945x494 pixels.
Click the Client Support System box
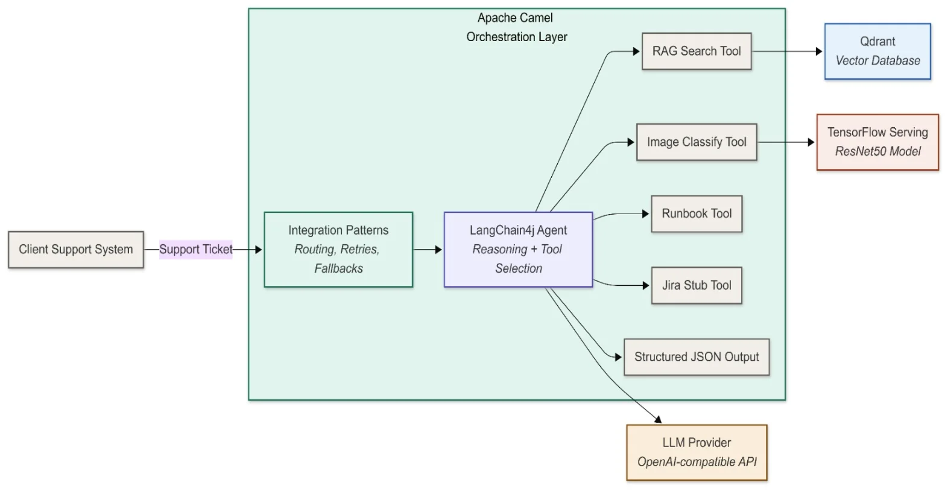tap(76, 250)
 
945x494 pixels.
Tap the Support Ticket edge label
tap(195, 250)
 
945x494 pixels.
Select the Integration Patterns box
tap(338, 249)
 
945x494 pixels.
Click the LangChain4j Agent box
tap(518, 249)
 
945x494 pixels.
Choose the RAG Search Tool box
tap(697, 51)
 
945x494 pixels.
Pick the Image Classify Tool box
tap(697, 142)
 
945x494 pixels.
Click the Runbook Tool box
tap(697, 214)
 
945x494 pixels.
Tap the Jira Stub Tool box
tap(697, 285)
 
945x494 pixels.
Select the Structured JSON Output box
tap(697, 357)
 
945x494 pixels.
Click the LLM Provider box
tap(697, 452)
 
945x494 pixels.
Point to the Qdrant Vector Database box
tap(877, 51)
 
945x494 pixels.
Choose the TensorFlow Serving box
tap(877, 142)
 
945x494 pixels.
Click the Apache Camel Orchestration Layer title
tap(516, 27)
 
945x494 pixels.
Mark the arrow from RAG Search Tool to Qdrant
tap(787, 51)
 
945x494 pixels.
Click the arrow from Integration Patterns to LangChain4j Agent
tap(428, 250)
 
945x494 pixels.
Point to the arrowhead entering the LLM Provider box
tap(658, 420)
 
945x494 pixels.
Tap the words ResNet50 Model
tap(877, 151)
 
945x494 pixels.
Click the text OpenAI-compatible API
tap(697, 462)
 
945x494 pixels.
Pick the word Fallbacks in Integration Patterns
tap(338, 268)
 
